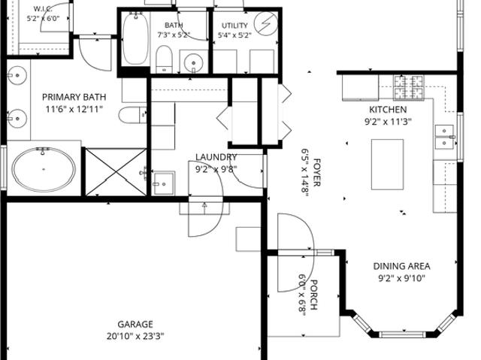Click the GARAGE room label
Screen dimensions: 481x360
tap(135, 324)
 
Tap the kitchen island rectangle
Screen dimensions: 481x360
tap(388, 165)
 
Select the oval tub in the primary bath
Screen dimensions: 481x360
tap(44, 169)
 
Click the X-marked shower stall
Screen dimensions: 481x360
tap(116, 172)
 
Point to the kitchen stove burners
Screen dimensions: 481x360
tap(409, 87)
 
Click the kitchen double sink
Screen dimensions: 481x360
tap(444, 137)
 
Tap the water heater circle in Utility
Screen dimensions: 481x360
tap(265, 23)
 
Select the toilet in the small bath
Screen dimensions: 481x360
tap(164, 59)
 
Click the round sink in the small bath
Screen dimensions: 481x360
tap(194, 63)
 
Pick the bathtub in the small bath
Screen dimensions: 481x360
tap(135, 38)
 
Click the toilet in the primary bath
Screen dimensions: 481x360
tap(132, 115)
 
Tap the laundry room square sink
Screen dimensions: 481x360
tap(164, 183)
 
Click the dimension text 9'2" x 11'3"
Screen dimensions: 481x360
tap(388, 122)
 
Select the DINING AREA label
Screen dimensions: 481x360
tap(401, 266)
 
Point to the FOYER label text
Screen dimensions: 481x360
tap(317, 173)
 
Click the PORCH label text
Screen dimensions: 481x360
tap(313, 295)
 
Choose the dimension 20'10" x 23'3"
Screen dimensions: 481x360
tap(135, 337)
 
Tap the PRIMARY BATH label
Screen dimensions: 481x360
tap(74, 97)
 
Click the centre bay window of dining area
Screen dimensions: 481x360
tap(402, 334)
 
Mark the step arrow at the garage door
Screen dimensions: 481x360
tap(204, 208)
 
